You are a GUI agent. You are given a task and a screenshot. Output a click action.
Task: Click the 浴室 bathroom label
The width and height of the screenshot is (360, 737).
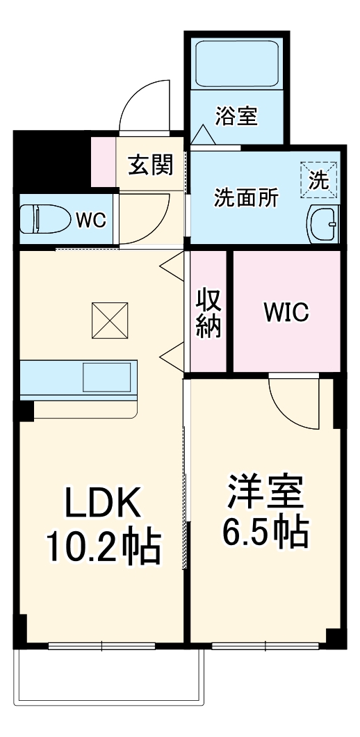click(236, 116)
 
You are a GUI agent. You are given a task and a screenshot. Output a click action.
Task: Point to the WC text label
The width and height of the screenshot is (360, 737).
click(90, 221)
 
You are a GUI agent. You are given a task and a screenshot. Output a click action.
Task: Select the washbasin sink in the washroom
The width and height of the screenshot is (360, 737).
click(322, 225)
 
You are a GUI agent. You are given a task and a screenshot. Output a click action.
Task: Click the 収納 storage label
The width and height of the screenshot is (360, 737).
click(208, 313)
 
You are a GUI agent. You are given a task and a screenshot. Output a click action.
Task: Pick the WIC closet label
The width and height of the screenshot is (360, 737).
click(286, 313)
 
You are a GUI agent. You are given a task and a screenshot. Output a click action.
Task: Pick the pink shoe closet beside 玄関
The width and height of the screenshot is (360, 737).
click(104, 163)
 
